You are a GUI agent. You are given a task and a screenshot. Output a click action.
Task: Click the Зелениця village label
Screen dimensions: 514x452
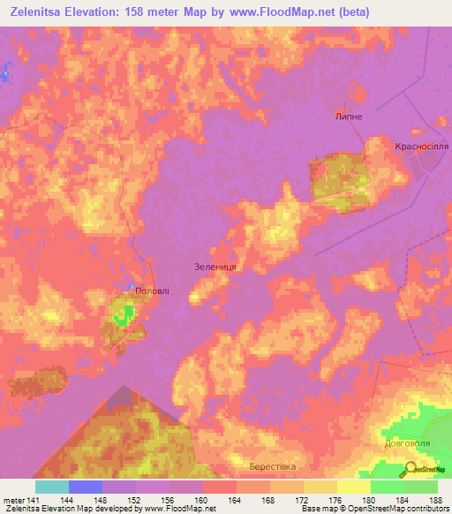point(216,266)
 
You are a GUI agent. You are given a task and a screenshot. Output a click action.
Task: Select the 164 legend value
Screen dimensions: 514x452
point(236,500)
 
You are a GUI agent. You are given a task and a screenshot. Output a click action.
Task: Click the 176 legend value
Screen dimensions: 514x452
point(336,500)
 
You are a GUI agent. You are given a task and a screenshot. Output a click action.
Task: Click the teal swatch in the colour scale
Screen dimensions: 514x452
point(52,487)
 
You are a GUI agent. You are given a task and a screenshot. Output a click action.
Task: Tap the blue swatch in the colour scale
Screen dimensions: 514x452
point(86,487)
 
